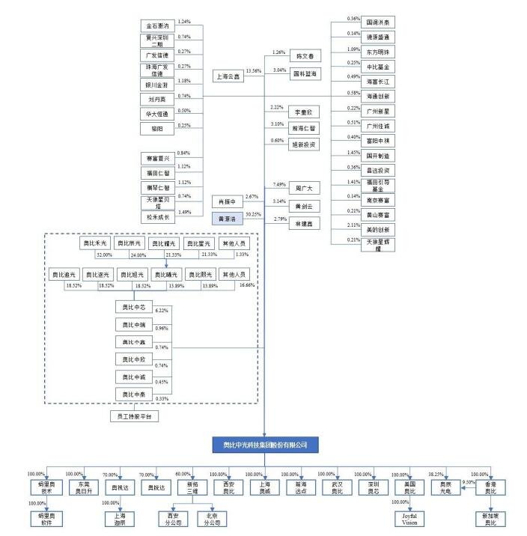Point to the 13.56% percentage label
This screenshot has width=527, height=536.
point(253,71)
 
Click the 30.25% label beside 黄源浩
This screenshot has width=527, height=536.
point(253,214)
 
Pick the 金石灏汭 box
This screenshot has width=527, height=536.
point(157,26)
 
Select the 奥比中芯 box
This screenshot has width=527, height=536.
point(132,307)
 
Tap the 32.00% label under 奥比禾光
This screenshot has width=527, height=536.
point(103,255)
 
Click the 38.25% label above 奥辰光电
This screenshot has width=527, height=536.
point(436,474)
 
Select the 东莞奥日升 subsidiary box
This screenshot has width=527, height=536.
point(83,487)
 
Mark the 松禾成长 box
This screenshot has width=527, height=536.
point(157,217)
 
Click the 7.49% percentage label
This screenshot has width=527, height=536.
point(281,184)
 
